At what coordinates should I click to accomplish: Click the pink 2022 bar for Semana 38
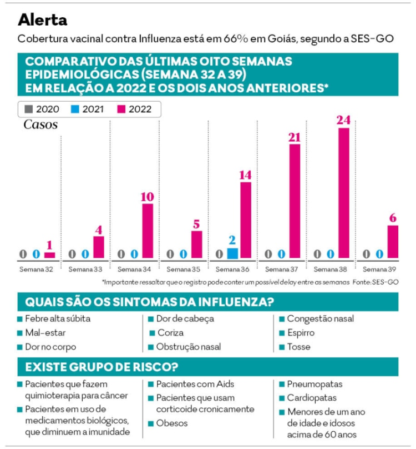click(344, 193)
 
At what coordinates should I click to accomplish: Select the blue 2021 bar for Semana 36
click(233, 253)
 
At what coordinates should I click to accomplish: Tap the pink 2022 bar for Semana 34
click(148, 231)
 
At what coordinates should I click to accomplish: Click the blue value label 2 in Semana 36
click(233, 241)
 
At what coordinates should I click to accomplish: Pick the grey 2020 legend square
click(28, 109)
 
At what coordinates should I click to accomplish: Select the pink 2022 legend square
click(121, 109)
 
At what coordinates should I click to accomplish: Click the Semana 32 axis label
click(37, 270)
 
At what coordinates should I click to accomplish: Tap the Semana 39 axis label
click(381, 270)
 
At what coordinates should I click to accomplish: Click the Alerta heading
click(43, 20)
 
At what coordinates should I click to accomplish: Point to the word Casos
click(40, 125)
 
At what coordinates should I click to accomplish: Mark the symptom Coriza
click(171, 333)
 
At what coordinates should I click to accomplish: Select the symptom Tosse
click(298, 347)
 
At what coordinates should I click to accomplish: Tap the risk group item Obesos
click(172, 423)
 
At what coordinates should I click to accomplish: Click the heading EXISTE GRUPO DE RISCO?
click(101, 367)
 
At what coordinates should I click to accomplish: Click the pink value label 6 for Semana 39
click(393, 217)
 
